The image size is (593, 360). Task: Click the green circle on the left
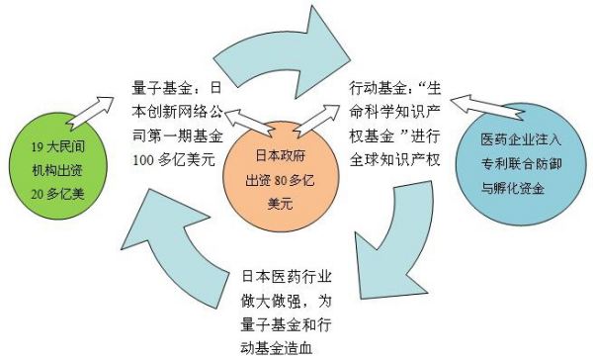click(50, 170)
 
